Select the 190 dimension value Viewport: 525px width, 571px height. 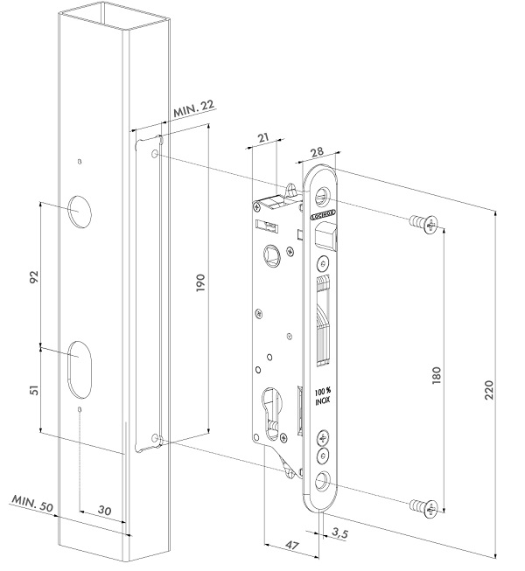(x=200, y=282)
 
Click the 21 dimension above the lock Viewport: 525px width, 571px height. (x=265, y=137)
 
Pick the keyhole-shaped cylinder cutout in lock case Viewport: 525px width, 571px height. (x=271, y=413)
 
